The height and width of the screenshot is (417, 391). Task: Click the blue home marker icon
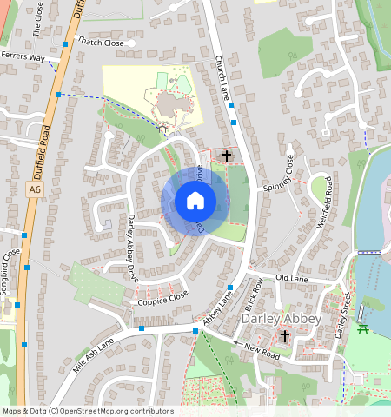pos(195,202)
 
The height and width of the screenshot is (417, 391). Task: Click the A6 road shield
pos(34,189)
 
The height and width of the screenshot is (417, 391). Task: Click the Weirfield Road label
pos(325,202)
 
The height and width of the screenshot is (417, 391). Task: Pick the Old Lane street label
pos(292,278)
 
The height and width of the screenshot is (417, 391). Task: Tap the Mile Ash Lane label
pos(94,354)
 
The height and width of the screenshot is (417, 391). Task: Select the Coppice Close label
pos(162,297)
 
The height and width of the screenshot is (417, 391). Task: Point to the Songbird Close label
pos(10,272)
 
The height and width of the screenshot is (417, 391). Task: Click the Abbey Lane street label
pos(217,309)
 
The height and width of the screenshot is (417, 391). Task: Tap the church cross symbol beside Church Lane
pos(227,156)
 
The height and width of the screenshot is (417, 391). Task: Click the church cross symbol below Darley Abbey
pos(285,336)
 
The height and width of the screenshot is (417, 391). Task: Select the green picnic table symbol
pos(364,328)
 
